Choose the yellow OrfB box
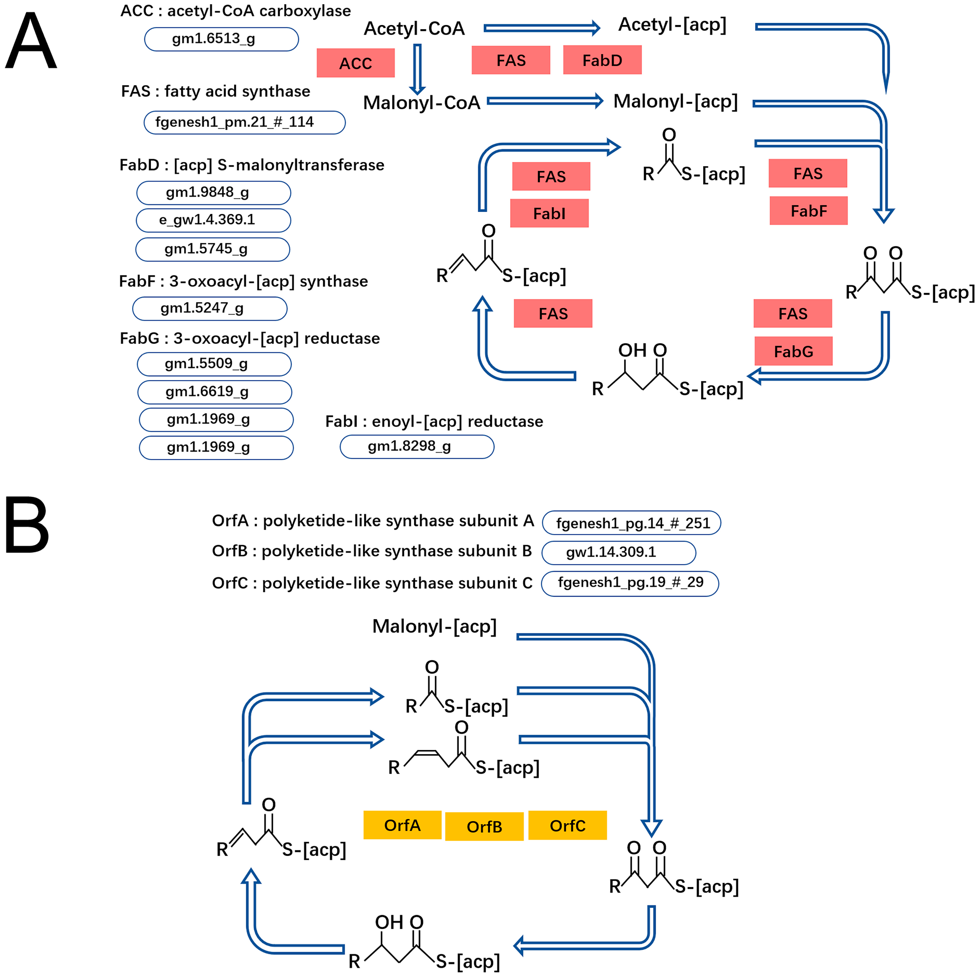[x=484, y=827]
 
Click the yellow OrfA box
[x=402, y=825]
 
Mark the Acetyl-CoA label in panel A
[x=414, y=28]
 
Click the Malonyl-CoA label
[x=421, y=103]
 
